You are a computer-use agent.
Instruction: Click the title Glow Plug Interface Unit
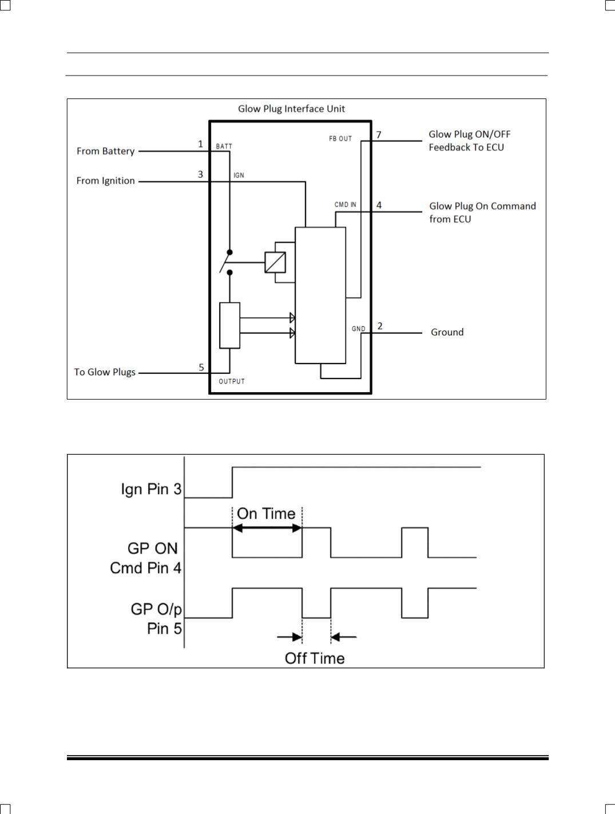point(291,109)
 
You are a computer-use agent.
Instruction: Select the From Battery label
point(106,151)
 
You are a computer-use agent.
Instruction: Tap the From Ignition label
point(106,181)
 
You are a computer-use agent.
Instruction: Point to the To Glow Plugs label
point(105,372)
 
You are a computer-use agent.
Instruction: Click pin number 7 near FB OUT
point(379,135)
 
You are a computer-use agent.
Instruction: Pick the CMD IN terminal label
point(346,205)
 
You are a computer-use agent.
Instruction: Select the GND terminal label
point(358,329)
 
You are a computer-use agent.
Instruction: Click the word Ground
point(447,332)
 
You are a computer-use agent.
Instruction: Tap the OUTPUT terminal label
point(232,382)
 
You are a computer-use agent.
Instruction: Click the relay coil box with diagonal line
point(275,263)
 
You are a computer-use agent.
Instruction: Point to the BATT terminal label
point(224,147)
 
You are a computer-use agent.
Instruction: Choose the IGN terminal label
point(239,175)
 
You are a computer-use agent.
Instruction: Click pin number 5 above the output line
point(201,368)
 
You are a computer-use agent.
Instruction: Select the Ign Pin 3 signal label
point(151,489)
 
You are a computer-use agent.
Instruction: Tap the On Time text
point(266,514)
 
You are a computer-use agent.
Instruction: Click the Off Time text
point(315,659)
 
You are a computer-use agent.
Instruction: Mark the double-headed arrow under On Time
point(267,528)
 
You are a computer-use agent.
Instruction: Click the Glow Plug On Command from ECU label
point(482,212)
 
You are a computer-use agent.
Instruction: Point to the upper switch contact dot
point(230,252)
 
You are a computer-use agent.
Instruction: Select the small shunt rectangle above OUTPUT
point(230,326)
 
